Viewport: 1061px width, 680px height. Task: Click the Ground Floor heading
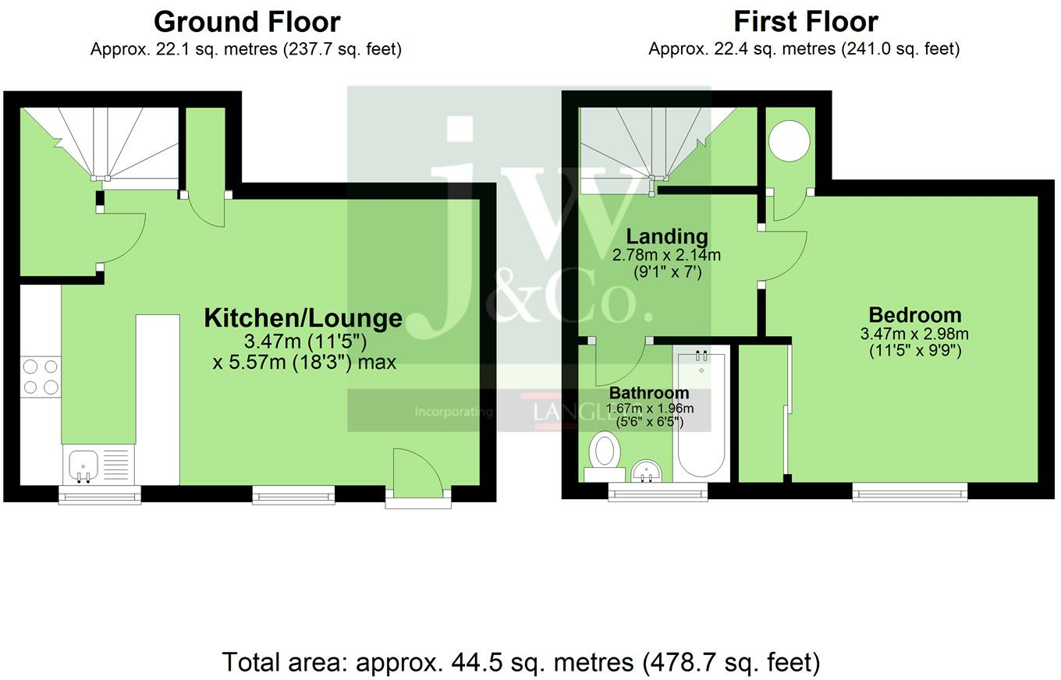pyautogui.click(x=247, y=22)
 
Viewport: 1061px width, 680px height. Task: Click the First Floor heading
pyautogui.click(x=805, y=22)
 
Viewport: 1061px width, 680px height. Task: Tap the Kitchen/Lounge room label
pyautogui.click(x=303, y=318)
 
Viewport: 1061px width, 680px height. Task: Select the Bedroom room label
pyautogui.click(x=914, y=315)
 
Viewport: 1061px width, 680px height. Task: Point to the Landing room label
pyautogui.click(x=667, y=236)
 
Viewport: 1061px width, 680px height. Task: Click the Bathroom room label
pyautogui.click(x=649, y=393)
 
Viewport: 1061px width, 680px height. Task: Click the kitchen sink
pyautogui.click(x=83, y=464)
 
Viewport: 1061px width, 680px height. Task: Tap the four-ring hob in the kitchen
pyautogui.click(x=41, y=376)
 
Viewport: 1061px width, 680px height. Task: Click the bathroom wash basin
pyautogui.click(x=646, y=470)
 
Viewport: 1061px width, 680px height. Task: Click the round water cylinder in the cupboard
pyautogui.click(x=789, y=141)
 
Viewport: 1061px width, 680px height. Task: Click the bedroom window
pyautogui.click(x=910, y=492)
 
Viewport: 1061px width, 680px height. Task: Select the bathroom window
pyautogui.click(x=657, y=492)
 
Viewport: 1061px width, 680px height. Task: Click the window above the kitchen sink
pyautogui.click(x=100, y=494)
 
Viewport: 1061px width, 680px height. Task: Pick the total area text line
pyautogui.click(x=521, y=662)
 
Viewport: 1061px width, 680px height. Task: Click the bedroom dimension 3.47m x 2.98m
pyautogui.click(x=914, y=334)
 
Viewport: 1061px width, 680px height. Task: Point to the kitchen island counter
pyautogui.click(x=158, y=398)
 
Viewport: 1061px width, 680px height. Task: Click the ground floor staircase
pyautogui.click(x=101, y=144)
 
